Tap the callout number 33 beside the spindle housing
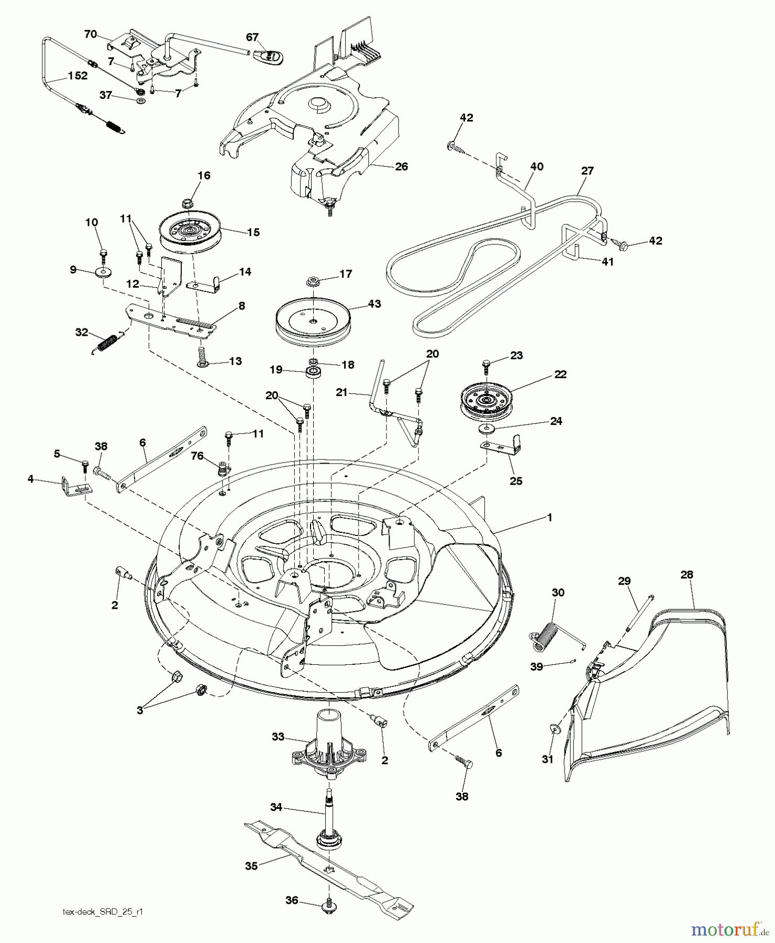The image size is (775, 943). (278, 737)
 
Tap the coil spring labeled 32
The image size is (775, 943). (107, 343)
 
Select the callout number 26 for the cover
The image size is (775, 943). (401, 167)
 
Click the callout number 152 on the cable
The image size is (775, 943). (77, 75)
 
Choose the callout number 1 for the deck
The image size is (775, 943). (549, 517)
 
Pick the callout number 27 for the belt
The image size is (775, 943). (588, 171)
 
